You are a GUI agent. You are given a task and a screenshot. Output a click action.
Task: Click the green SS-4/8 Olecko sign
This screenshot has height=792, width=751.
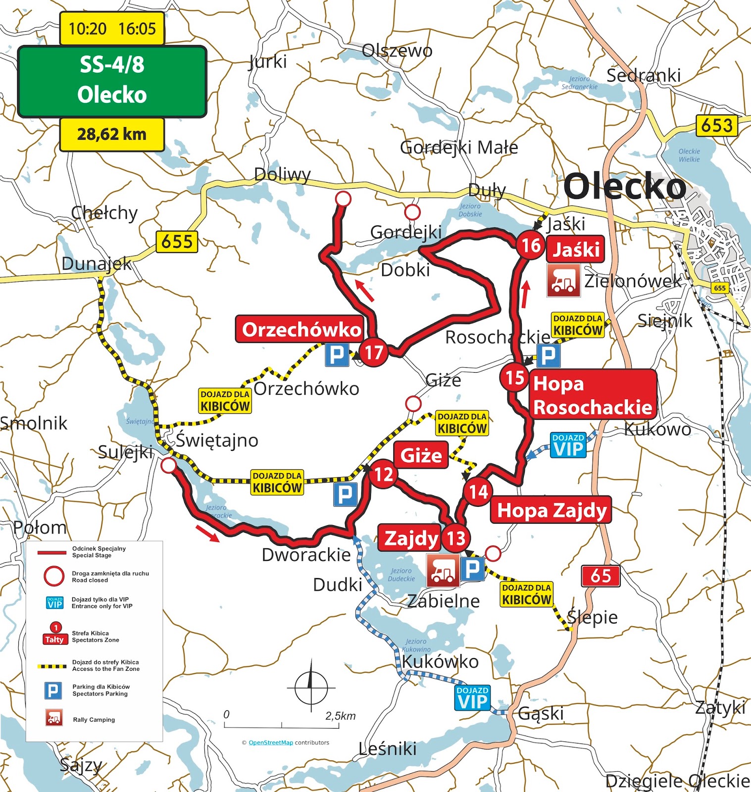click(112, 81)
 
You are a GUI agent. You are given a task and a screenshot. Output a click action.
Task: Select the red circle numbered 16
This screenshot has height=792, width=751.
click(531, 245)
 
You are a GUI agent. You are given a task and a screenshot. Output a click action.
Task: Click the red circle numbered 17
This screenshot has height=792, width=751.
click(373, 352)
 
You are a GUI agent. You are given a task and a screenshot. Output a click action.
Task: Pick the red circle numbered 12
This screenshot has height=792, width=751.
click(383, 474)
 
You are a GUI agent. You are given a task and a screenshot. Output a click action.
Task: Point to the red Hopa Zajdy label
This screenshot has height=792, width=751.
click(551, 510)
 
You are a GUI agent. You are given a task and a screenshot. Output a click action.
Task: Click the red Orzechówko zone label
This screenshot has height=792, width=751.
click(301, 329)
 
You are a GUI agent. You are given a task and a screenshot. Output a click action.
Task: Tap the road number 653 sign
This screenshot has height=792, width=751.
click(716, 125)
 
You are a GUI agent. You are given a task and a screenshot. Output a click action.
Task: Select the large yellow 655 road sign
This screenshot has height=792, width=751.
click(177, 242)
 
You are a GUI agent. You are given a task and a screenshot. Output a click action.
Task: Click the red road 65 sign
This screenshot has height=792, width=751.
click(601, 576)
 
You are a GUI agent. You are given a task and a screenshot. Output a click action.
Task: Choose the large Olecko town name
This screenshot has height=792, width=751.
click(625, 187)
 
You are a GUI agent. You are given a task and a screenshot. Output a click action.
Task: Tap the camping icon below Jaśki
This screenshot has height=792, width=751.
click(563, 280)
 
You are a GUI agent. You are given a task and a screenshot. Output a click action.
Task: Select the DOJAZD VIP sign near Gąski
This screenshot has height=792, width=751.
click(473, 698)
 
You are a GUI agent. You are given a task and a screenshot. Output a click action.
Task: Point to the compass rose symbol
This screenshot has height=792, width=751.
click(311, 686)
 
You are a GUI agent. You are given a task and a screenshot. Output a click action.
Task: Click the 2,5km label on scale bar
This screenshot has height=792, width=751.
click(340, 716)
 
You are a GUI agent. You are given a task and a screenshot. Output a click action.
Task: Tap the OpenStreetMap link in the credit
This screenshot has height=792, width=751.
click(270, 742)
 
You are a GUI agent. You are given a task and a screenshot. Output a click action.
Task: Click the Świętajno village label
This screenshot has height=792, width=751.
click(217, 440)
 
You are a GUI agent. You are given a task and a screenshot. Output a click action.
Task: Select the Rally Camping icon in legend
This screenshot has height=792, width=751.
click(54, 718)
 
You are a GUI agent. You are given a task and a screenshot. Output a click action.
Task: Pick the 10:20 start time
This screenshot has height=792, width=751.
click(87, 29)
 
